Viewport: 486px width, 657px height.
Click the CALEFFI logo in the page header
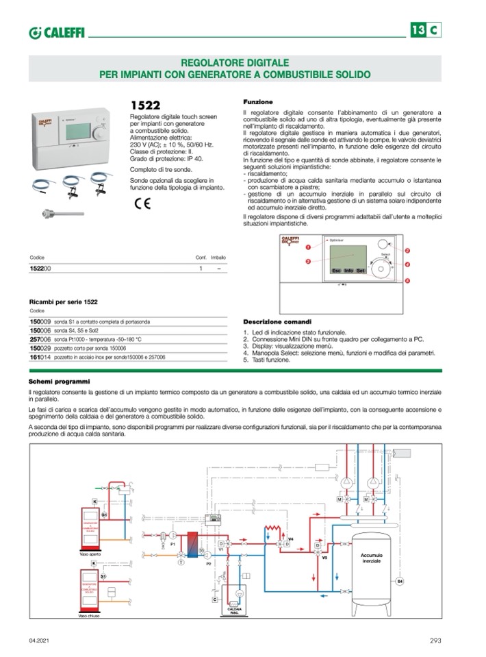(57, 32)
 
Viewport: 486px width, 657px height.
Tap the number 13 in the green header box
(418, 30)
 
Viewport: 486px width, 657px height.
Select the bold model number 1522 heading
(145, 105)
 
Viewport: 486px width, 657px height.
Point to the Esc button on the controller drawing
(336, 271)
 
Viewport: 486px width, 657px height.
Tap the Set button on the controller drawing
(360, 271)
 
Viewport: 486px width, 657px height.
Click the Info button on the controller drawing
(348, 271)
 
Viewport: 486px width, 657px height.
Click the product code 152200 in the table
(40, 269)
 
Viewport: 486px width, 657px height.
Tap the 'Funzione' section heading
(258, 101)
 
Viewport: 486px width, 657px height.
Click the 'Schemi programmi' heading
(58, 381)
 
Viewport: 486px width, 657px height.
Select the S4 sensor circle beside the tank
(401, 581)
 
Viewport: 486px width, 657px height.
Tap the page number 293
(435, 641)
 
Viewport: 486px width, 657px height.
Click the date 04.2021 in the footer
(40, 641)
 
